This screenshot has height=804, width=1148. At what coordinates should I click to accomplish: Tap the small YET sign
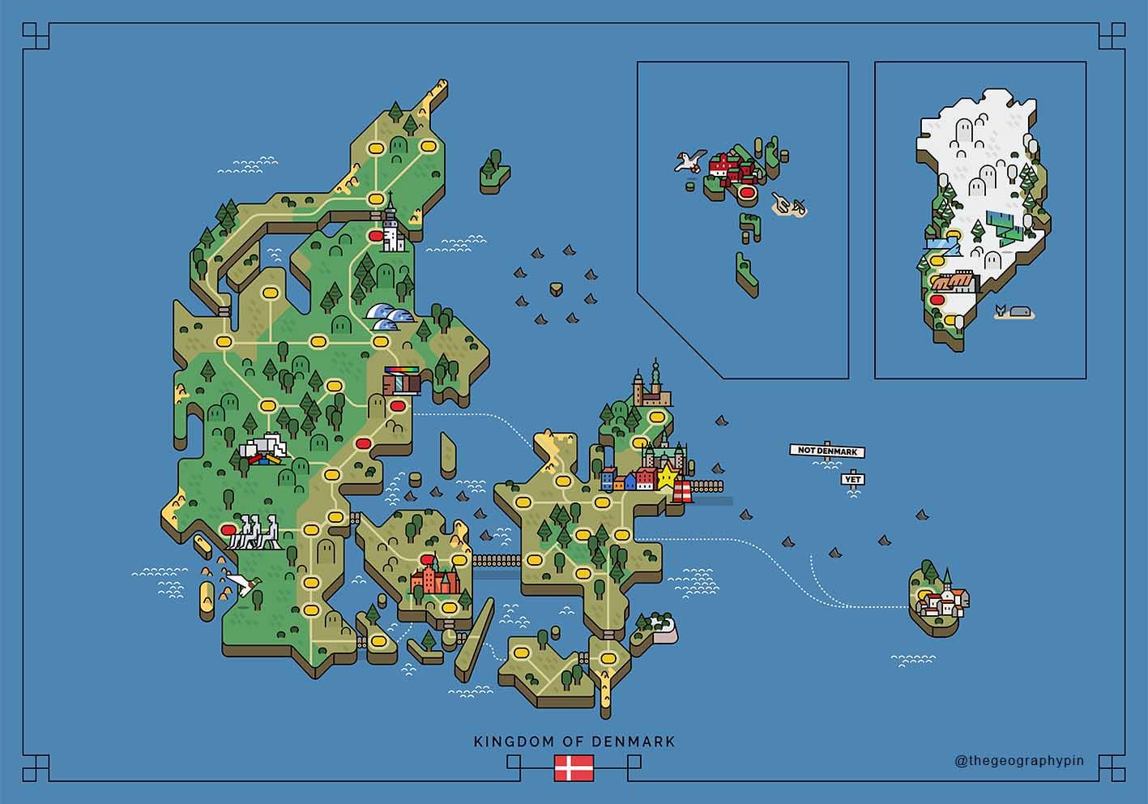point(852,479)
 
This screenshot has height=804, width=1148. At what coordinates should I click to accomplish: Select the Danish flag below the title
point(574,767)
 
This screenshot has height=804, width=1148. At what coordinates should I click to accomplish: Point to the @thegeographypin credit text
point(1019,761)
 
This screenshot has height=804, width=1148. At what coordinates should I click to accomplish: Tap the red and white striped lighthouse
point(685,491)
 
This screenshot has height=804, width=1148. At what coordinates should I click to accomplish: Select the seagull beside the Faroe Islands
point(689,162)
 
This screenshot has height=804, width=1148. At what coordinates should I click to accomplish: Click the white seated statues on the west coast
point(254,532)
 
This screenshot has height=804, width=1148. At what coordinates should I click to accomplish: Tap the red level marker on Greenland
point(940,300)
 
